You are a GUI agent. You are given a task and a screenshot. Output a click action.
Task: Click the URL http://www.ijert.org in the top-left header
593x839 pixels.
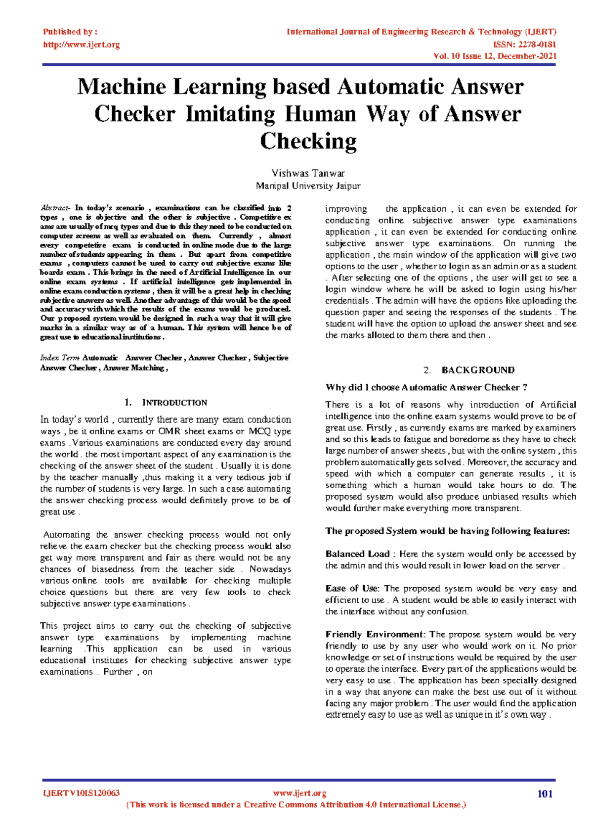click(81, 45)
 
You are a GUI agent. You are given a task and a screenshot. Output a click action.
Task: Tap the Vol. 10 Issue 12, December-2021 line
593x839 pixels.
click(495, 56)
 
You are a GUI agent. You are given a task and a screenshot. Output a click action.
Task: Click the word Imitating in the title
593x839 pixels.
click(230, 114)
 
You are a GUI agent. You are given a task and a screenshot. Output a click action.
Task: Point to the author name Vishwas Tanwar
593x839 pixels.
click(308, 173)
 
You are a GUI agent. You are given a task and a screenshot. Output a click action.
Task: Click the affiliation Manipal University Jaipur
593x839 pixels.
click(308, 186)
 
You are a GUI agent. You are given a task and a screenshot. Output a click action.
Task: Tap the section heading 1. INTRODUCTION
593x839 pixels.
click(166, 403)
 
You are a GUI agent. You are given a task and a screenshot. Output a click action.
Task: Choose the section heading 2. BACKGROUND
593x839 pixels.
click(469, 370)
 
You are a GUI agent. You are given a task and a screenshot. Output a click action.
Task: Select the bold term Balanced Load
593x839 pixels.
click(357, 554)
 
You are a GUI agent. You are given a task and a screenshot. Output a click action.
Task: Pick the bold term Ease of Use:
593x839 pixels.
click(352, 589)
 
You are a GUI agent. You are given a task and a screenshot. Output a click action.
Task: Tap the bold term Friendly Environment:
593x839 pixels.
click(375, 635)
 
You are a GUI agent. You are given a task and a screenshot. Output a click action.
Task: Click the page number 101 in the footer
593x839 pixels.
click(545, 794)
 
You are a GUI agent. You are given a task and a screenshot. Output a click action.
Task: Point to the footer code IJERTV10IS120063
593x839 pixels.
click(82, 793)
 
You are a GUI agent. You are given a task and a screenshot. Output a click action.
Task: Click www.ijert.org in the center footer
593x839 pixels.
click(299, 793)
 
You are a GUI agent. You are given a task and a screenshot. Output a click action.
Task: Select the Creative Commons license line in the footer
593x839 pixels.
click(296, 805)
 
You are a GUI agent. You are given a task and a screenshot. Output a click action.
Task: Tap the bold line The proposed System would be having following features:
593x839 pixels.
click(447, 531)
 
